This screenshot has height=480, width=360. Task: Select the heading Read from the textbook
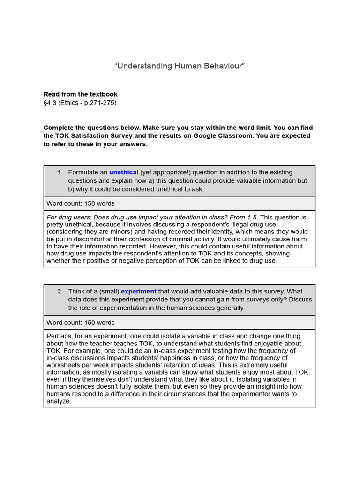coord(81,94)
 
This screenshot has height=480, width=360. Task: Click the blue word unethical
coord(124,172)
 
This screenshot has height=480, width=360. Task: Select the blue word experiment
coord(138,292)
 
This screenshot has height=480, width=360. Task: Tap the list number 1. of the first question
coord(60,172)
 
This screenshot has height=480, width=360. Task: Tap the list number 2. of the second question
coord(60,292)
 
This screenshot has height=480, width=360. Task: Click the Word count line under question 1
coord(81,203)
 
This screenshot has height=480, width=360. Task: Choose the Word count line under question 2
coord(81,322)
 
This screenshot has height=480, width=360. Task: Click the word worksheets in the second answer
coord(66,365)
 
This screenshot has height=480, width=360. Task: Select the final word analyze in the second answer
coord(58,401)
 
